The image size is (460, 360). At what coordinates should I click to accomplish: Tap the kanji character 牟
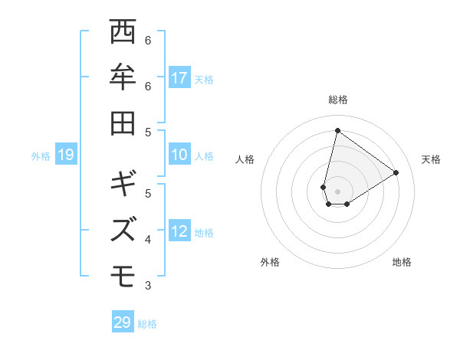pos(123,78)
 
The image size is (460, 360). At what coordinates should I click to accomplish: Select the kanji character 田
pos(123,123)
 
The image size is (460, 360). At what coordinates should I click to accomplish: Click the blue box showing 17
pos(179,78)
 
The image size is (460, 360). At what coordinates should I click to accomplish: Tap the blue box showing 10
pos(179,155)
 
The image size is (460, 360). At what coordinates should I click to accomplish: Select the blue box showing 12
pos(179,232)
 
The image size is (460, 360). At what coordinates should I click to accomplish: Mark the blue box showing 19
pos(65,155)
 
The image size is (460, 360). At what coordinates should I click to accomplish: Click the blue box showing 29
pos(123,322)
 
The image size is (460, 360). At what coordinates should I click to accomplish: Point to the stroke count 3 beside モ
pos(148,286)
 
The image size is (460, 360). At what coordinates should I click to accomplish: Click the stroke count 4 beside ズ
pos(148,240)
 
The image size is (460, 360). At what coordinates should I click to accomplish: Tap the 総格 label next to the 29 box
pos(147,324)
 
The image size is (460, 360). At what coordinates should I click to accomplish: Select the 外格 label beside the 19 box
pos(41,156)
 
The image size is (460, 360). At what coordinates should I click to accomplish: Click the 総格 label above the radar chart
pos(337,100)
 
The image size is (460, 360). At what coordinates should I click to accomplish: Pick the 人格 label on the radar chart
pos(245,159)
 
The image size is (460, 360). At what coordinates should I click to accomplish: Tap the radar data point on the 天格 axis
pos(396,172)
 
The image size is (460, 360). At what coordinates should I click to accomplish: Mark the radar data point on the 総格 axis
pos(337,130)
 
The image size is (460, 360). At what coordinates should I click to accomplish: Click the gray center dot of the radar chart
pos(337,191)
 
